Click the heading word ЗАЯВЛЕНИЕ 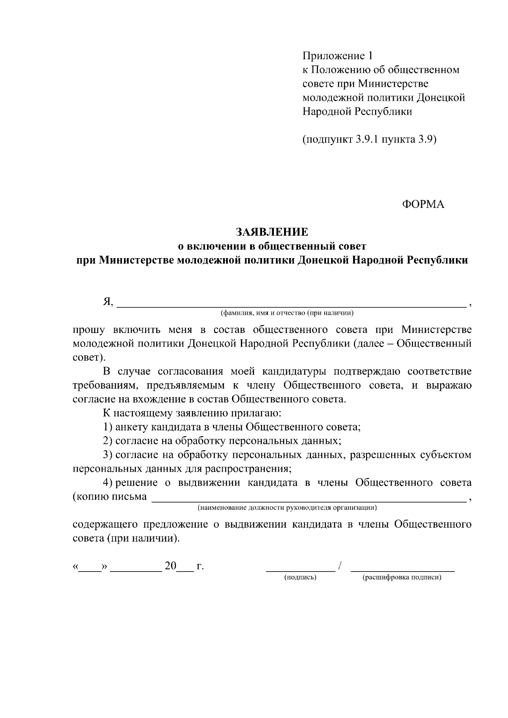pyautogui.click(x=272, y=232)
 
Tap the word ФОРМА pyautogui.click(x=423, y=204)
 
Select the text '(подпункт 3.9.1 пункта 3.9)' pyautogui.click(x=369, y=140)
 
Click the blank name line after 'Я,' pyautogui.click(x=291, y=303)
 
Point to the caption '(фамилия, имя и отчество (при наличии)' pyautogui.click(x=286, y=313)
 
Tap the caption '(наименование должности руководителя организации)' pyautogui.click(x=287, y=507)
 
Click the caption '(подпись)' pyautogui.click(x=300, y=577)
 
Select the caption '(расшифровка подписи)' pyautogui.click(x=402, y=577)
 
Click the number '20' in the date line pyautogui.click(x=171, y=566)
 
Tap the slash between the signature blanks pyautogui.click(x=340, y=566)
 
